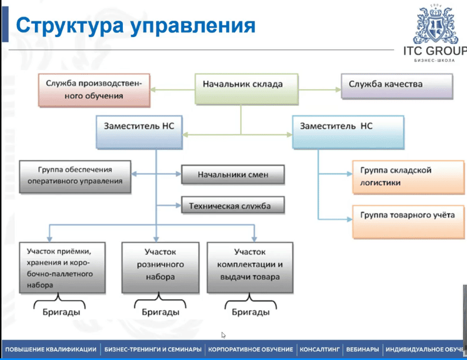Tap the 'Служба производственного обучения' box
click(94, 90)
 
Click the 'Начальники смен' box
click(233, 175)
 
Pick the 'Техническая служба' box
click(233, 206)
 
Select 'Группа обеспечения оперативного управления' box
click(75, 176)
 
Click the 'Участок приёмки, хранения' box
click(62, 267)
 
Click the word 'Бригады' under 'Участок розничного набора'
click(160, 311)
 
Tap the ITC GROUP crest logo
click(433, 25)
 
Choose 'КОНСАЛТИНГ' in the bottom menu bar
click(319, 349)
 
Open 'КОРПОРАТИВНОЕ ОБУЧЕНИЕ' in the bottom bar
click(250, 349)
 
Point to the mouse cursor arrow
click(223, 335)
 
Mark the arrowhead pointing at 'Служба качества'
click(337, 89)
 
